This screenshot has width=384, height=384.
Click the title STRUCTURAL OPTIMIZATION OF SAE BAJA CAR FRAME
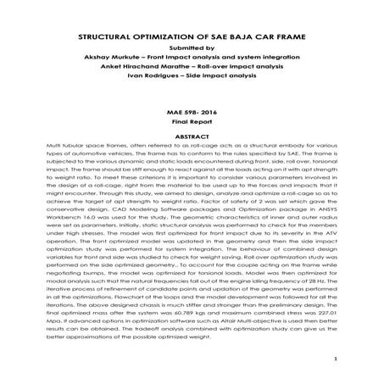tap(191, 39)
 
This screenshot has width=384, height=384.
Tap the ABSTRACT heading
tap(191, 136)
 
